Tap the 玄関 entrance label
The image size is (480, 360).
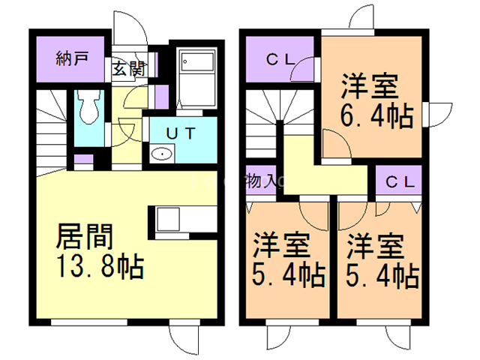click(x=128, y=69)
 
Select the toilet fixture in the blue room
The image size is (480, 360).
click(x=88, y=107)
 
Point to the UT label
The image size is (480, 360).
click(x=181, y=133)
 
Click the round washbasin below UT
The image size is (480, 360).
click(x=160, y=154)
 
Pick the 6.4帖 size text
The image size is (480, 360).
click(x=379, y=116)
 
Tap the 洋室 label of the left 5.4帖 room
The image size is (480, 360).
click(x=277, y=245)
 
